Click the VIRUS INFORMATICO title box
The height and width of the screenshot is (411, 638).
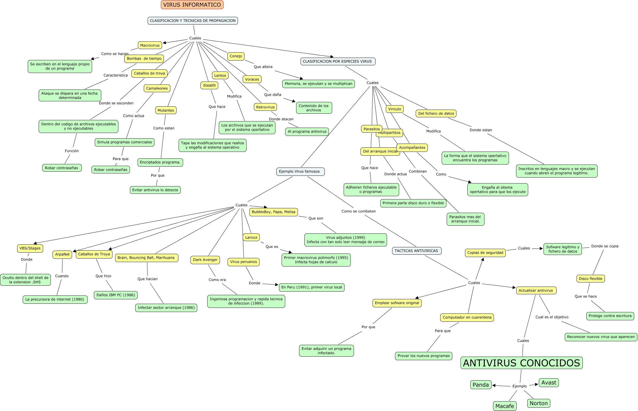pyautogui.click(x=192, y=5)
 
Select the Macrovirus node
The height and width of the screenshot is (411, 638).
pyautogui.click(x=150, y=45)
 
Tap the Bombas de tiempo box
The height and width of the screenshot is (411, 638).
pyautogui.click(x=144, y=59)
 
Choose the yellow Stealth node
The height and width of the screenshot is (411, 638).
pyautogui.click(x=209, y=85)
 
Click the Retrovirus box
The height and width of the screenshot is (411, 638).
pyautogui.click(x=265, y=107)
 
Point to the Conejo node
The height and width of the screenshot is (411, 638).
pyautogui.click(x=236, y=56)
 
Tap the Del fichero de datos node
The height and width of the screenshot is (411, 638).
pyautogui.click(x=436, y=113)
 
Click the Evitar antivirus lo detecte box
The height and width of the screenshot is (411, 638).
pyautogui.click(x=155, y=190)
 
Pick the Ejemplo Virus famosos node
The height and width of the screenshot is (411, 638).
pyautogui.click(x=301, y=172)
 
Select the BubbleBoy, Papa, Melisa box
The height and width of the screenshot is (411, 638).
pyautogui.click(x=274, y=212)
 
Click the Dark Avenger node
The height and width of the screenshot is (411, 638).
pyautogui.click(x=205, y=260)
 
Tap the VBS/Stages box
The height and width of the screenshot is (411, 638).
pyautogui.click(x=30, y=248)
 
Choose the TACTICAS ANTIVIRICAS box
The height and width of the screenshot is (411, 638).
pyautogui.click(x=417, y=251)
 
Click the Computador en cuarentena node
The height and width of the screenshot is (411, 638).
pyautogui.click(x=467, y=318)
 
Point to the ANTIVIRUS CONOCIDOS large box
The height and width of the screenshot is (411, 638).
pyautogui.click(x=522, y=363)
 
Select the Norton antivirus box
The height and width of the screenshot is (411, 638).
pyautogui.click(x=539, y=403)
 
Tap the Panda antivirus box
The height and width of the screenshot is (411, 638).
pyautogui.click(x=481, y=385)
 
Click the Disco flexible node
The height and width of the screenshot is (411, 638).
pyautogui.click(x=591, y=279)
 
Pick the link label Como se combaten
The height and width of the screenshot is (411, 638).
pyautogui.click(x=358, y=211)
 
